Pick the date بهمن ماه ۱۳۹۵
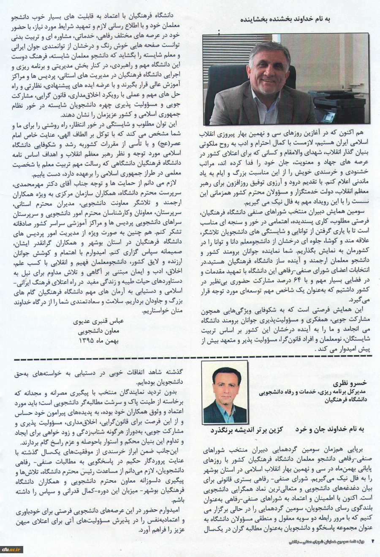click(x=98, y=340)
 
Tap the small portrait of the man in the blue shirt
click(x=225, y=392)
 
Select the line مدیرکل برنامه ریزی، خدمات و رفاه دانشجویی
click(x=313, y=392)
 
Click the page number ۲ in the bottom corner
click(x=373, y=541)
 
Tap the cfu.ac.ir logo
click(x=11, y=549)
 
